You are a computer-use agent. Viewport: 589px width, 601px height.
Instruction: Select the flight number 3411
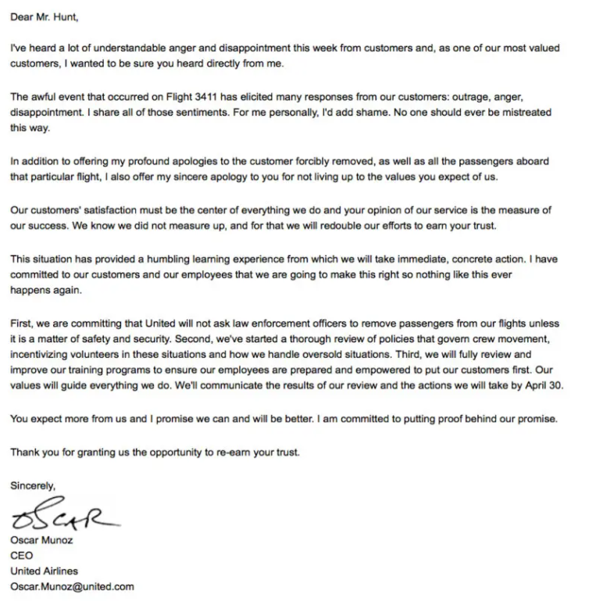pyautogui.click(x=224, y=98)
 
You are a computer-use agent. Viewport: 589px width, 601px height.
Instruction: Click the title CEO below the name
pyautogui.click(x=22, y=556)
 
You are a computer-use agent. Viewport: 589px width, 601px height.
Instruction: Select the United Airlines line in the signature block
pyautogui.click(x=44, y=571)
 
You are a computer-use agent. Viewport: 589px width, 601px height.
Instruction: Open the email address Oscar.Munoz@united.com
pyautogui.click(x=72, y=586)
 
